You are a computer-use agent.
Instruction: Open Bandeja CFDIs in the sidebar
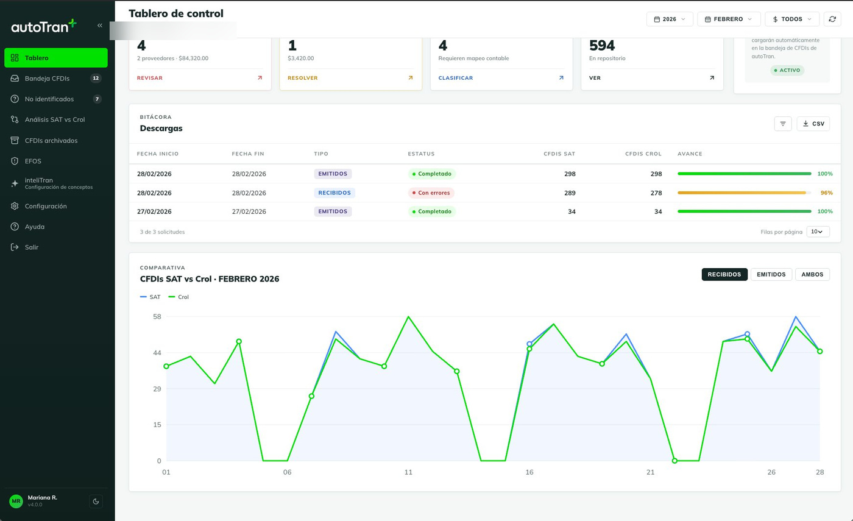click(x=47, y=79)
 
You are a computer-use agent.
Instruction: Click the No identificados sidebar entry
click(x=49, y=99)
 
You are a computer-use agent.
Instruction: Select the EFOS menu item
click(x=33, y=161)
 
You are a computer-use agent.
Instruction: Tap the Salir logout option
click(x=31, y=247)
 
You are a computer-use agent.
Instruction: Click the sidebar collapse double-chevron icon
click(x=100, y=26)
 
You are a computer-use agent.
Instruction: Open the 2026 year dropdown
click(x=670, y=19)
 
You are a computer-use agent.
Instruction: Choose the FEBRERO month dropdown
click(x=729, y=19)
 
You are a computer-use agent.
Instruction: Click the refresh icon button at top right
click(x=832, y=19)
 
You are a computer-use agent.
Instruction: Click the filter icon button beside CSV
click(x=783, y=124)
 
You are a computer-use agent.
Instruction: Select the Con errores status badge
click(x=431, y=193)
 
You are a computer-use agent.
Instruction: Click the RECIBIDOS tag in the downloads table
click(x=334, y=193)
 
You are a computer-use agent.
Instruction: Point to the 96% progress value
click(x=826, y=193)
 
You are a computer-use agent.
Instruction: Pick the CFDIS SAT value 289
click(x=570, y=193)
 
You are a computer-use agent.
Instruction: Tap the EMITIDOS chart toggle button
click(x=771, y=275)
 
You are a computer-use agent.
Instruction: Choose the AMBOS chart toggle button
click(x=812, y=275)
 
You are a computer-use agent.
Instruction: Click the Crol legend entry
click(x=179, y=297)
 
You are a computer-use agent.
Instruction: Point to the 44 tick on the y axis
click(x=157, y=353)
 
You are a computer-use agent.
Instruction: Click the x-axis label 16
click(x=529, y=472)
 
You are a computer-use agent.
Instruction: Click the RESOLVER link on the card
click(x=302, y=78)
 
